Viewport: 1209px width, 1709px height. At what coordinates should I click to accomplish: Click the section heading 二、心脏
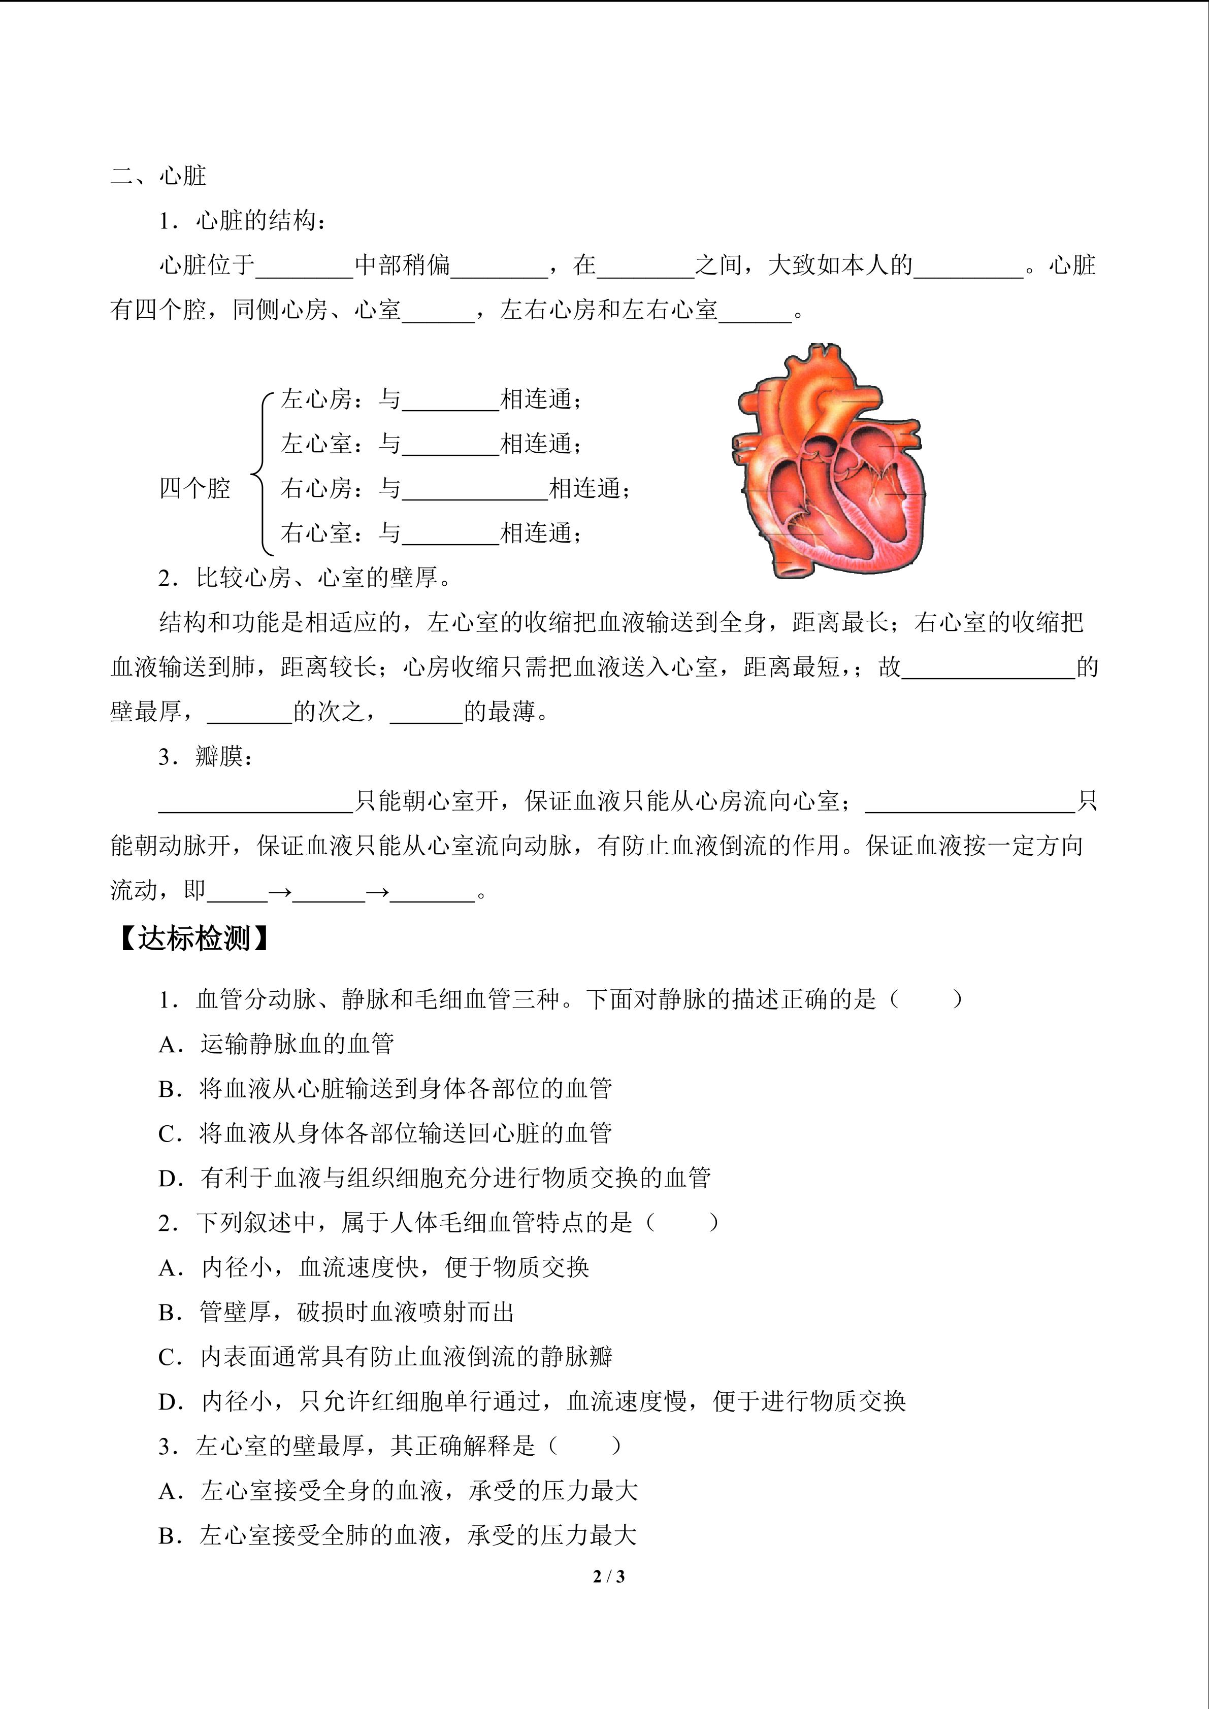click(158, 177)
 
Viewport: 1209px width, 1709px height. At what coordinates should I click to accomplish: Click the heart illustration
click(828, 461)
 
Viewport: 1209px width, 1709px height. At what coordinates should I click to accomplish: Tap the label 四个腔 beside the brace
click(194, 488)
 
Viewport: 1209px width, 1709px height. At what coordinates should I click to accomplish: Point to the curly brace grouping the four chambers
click(260, 474)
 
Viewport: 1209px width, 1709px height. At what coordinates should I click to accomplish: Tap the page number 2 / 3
click(608, 1576)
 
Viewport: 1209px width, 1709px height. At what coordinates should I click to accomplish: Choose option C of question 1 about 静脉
click(385, 1133)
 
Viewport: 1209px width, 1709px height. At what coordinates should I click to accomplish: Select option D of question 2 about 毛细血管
click(532, 1401)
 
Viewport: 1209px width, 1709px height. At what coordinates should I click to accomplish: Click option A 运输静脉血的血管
click(276, 1044)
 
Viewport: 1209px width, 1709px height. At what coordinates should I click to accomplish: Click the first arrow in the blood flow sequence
click(280, 891)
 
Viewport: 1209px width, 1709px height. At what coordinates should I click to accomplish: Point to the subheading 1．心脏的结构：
click(241, 221)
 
